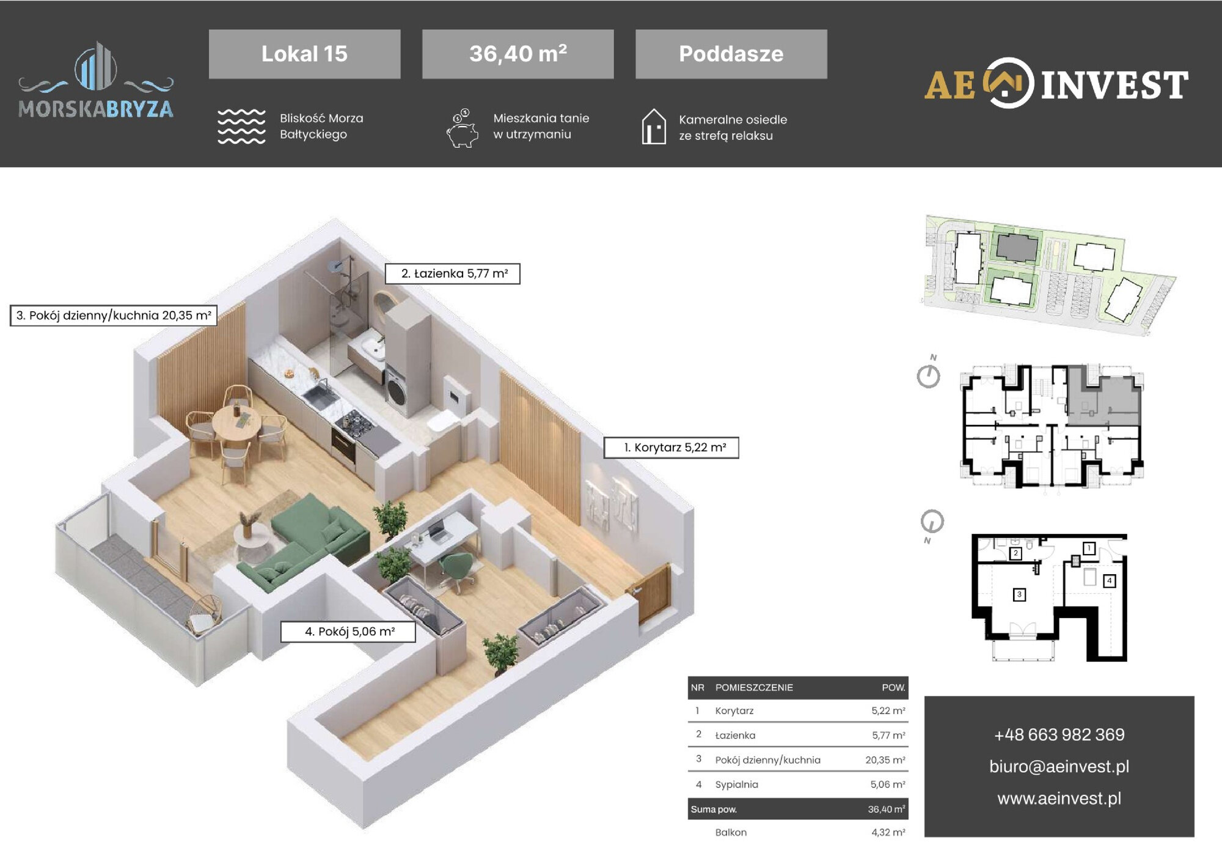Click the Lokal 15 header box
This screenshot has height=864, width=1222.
tap(304, 54)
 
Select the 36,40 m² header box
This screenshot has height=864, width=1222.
tap(518, 54)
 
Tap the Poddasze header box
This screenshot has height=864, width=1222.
tap(731, 54)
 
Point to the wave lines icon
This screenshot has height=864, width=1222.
tap(241, 127)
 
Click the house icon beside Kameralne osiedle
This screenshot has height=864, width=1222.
tap(654, 127)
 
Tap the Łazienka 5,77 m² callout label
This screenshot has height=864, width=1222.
tap(452, 273)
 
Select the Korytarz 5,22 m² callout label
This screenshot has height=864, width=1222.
tap(671, 448)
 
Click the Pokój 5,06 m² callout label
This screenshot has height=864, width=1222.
tap(348, 632)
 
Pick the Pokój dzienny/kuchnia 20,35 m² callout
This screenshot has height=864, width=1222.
tap(114, 316)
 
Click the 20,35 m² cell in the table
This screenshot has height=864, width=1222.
tap(885, 760)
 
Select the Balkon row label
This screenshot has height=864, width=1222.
tap(731, 832)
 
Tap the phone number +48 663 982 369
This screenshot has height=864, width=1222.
tap(1059, 734)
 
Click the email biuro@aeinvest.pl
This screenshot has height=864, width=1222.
tap(1059, 766)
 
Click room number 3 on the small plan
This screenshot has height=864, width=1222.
tap(1019, 594)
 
